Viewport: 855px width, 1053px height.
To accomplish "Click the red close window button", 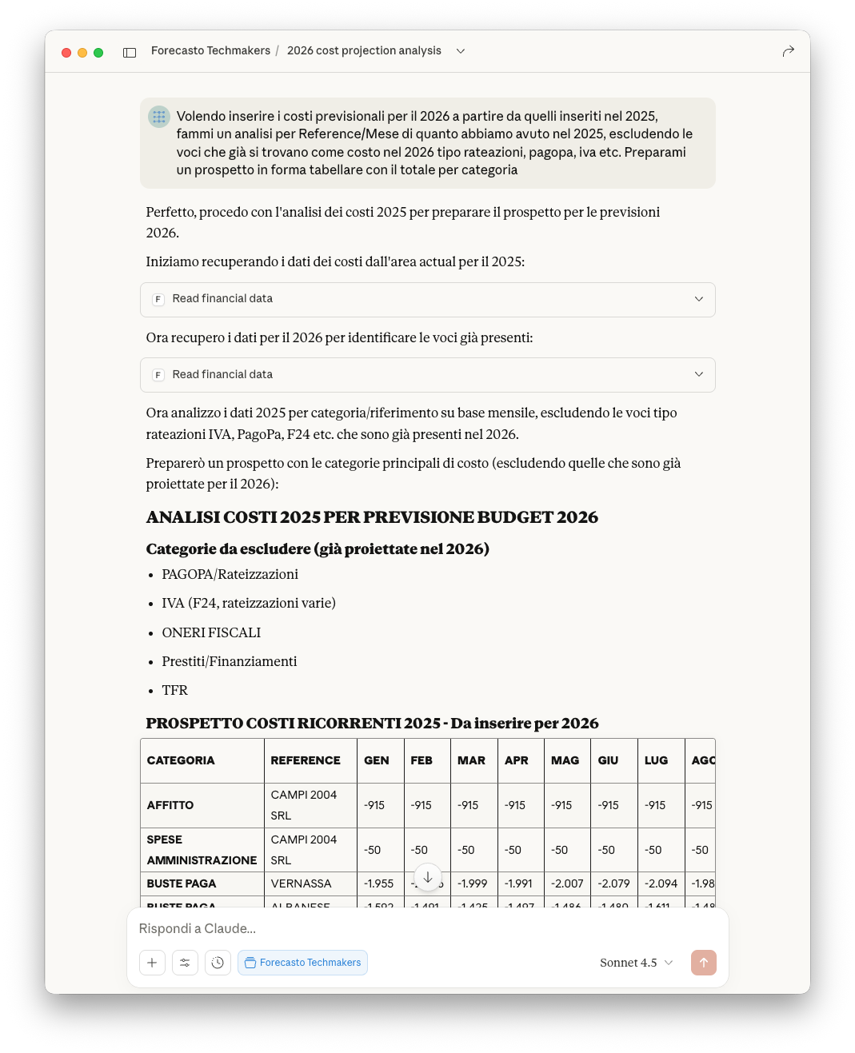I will [x=66, y=53].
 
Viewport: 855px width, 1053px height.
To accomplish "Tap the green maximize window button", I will [x=98, y=53].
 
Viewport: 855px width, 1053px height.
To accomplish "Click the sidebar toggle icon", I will [x=130, y=53].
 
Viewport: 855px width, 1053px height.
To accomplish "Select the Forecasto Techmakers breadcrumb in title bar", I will [x=210, y=50].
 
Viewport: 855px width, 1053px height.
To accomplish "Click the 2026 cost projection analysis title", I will [x=364, y=50].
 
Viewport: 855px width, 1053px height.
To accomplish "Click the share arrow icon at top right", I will [x=788, y=51].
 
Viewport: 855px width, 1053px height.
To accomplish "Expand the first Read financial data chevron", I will [x=698, y=299].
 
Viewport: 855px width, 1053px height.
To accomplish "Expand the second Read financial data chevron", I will [x=698, y=374].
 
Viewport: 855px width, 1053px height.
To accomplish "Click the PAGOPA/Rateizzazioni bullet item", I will [x=230, y=574].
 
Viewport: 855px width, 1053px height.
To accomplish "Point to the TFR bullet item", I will [x=174, y=690].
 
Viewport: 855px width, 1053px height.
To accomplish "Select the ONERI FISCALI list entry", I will [x=211, y=632].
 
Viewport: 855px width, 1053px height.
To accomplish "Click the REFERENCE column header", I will [x=306, y=760].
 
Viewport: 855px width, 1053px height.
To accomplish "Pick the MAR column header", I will [x=471, y=760].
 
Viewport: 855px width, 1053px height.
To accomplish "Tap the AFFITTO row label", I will [x=170, y=805].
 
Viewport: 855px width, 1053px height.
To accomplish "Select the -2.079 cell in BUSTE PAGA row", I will [x=613, y=883].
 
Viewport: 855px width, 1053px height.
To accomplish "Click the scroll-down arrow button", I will [x=428, y=877].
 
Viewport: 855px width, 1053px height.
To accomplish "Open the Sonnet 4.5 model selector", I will [x=636, y=963].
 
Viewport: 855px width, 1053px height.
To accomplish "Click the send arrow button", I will [x=703, y=963].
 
